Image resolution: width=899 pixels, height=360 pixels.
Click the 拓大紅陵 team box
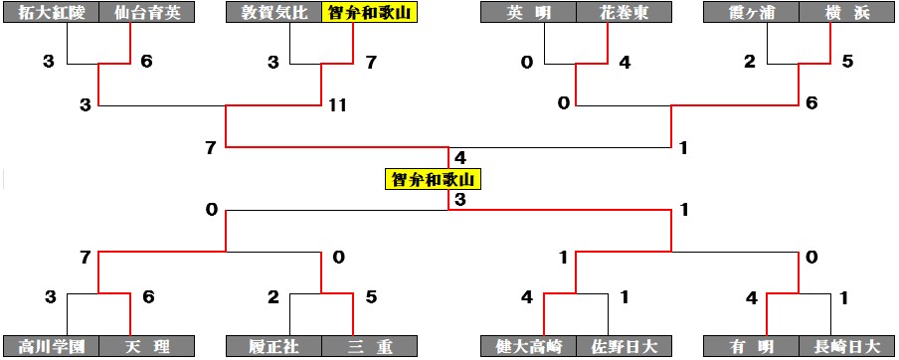[x=51, y=13]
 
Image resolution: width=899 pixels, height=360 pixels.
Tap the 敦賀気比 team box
[x=274, y=13]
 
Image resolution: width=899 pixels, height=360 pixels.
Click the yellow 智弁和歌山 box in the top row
[x=370, y=13]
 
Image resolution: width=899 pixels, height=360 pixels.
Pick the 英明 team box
[x=528, y=13]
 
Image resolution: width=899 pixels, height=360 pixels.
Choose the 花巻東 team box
[x=625, y=13]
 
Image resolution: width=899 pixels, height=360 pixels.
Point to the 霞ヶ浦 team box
[x=751, y=13]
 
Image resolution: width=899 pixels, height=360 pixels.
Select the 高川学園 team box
[x=51, y=346]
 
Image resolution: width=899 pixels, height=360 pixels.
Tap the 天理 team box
[x=147, y=346]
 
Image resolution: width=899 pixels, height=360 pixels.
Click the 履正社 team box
[x=274, y=346]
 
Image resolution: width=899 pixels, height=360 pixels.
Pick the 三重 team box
[x=370, y=346]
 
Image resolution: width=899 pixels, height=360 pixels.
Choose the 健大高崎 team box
[x=528, y=346]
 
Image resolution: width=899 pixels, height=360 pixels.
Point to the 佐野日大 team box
[x=625, y=346]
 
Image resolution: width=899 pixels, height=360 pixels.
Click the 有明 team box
[x=751, y=346]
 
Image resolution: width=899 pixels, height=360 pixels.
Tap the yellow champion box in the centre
[x=433, y=179]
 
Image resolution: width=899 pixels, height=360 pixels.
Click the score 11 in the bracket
[x=338, y=106]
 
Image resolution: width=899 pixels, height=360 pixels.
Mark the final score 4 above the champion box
[x=459, y=156]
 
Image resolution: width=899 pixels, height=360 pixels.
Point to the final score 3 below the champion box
[x=459, y=199]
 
